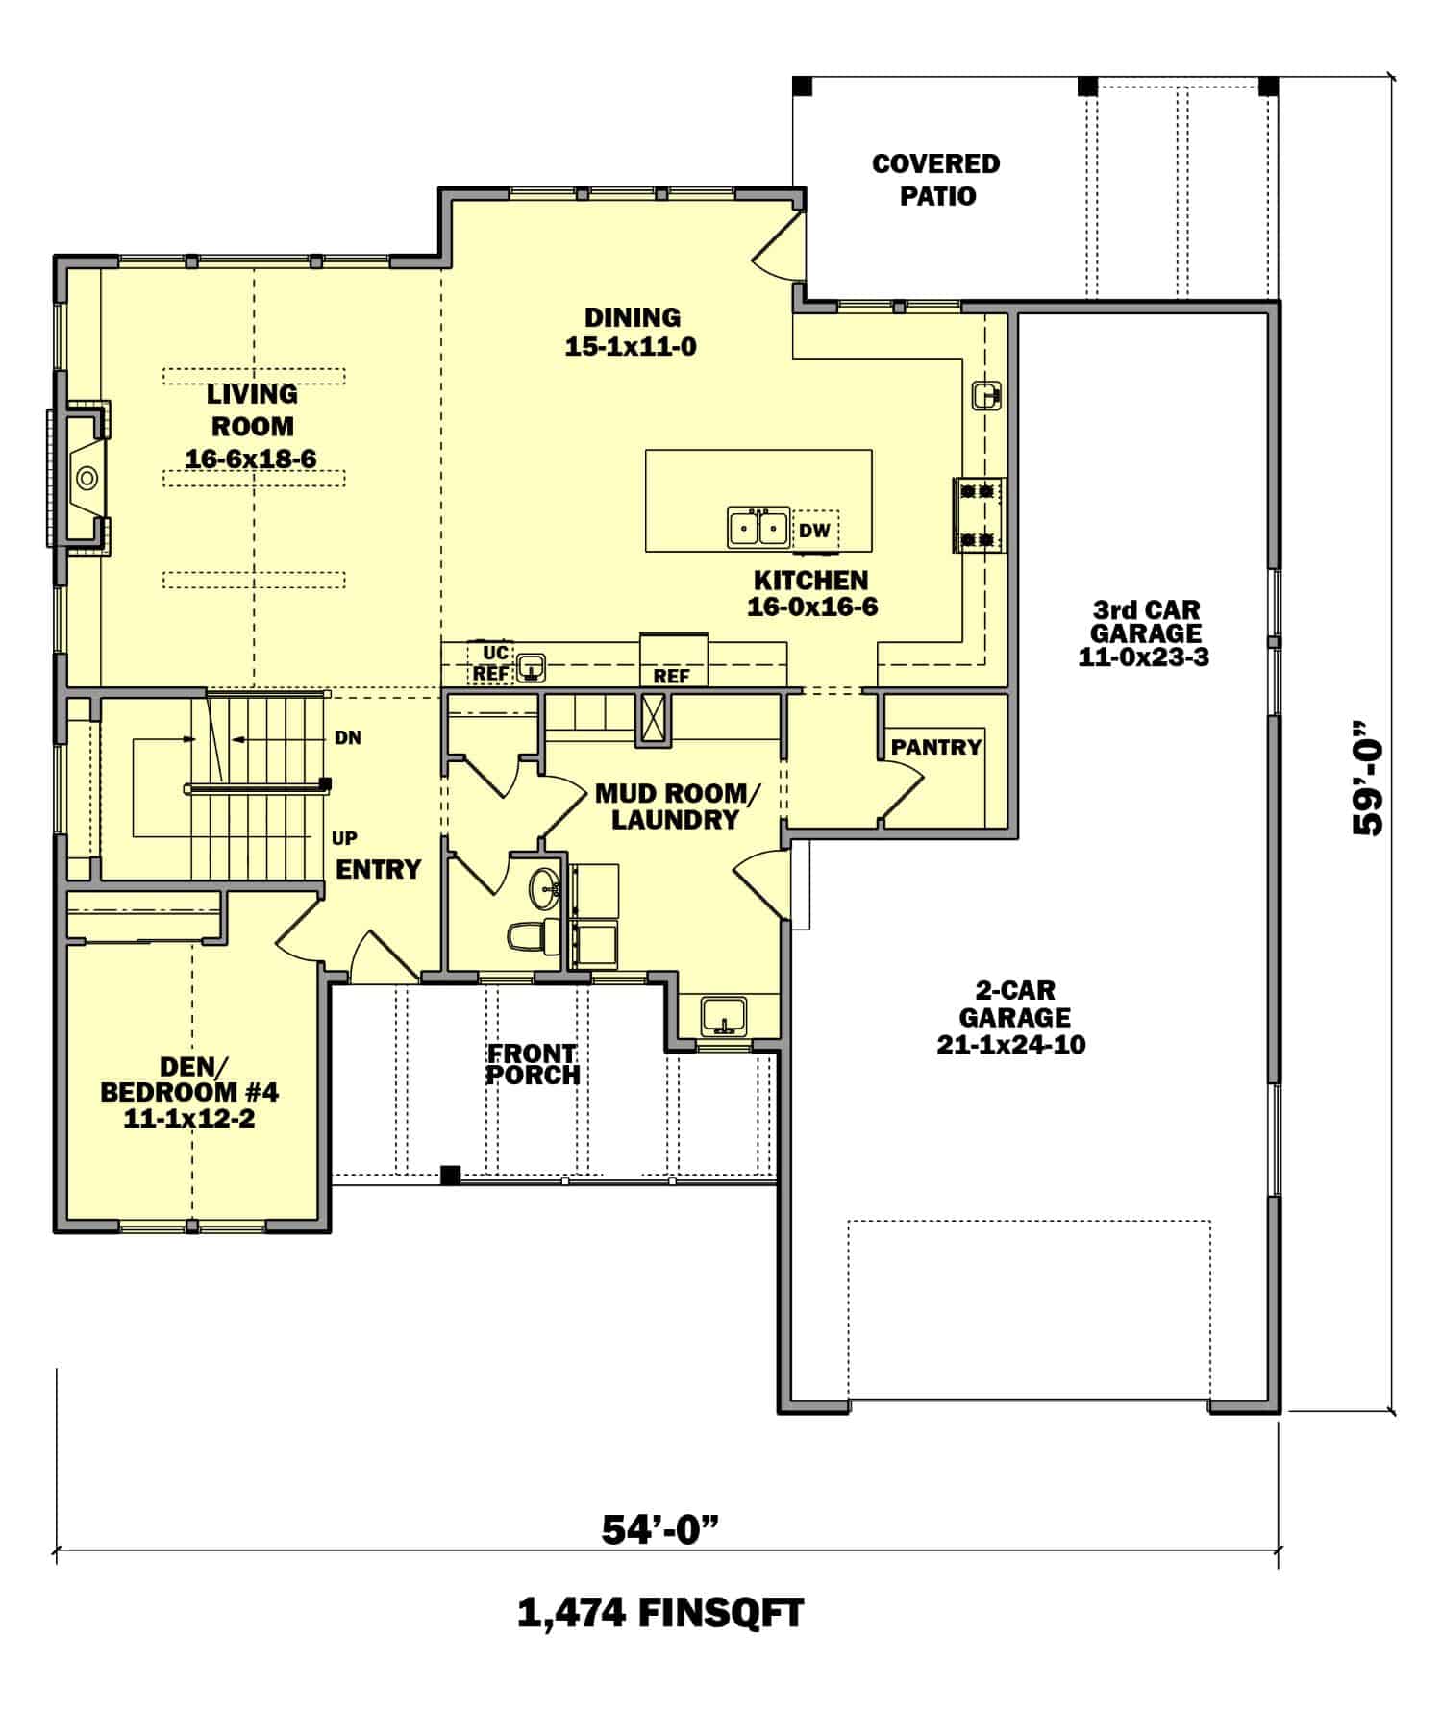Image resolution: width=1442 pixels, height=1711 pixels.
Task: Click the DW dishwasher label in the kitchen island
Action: (x=813, y=531)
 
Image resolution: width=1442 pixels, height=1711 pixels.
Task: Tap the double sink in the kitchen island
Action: (x=758, y=528)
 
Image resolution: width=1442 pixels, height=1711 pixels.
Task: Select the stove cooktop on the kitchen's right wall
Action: (x=979, y=515)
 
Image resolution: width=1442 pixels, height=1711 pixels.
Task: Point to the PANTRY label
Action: (x=935, y=747)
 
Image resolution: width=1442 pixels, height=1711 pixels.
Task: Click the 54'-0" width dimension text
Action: (x=660, y=1529)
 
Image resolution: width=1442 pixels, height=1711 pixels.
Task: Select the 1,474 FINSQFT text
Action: (x=660, y=1613)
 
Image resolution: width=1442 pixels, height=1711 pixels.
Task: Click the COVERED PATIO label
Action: (x=935, y=180)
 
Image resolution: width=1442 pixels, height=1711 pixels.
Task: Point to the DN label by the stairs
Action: (x=347, y=738)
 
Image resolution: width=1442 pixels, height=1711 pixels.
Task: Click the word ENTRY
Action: (x=378, y=869)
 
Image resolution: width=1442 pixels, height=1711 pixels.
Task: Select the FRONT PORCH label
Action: (x=532, y=1064)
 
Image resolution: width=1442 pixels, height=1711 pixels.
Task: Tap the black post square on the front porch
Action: (x=449, y=1174)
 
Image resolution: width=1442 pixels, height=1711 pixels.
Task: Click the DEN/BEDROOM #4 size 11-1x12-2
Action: (x=188, y=1118)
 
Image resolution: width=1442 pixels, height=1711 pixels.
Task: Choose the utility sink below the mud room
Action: (x=723, y=1015)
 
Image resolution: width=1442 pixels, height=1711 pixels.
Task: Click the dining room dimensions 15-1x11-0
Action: (x=631, y=347)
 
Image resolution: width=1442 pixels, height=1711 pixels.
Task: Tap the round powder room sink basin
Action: (x=545, y=885)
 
